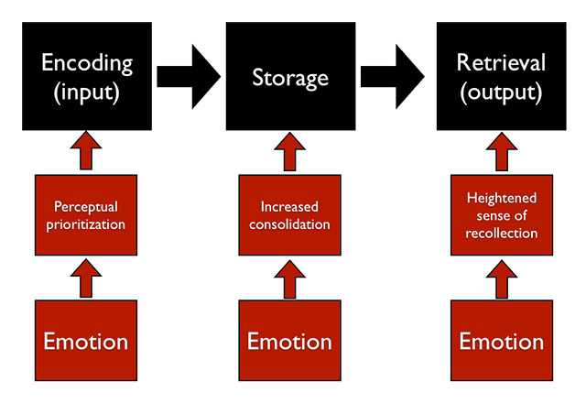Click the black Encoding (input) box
coord(87,75)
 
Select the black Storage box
coord(290,75)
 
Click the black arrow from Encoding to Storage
coord(189,76)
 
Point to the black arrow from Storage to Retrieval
coord(395,76)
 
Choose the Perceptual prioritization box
coord(87,215)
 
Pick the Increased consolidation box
coord(290,215)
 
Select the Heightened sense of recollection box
coord(501,217)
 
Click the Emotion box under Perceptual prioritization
coord(87,342)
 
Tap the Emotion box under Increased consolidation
coord(290,342)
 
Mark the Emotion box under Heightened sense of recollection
coord(501,342)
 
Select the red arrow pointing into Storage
coord(290,150)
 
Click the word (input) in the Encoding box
coord(87,92)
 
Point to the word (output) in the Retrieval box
coord(500,92)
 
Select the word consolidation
coord(290,224)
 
